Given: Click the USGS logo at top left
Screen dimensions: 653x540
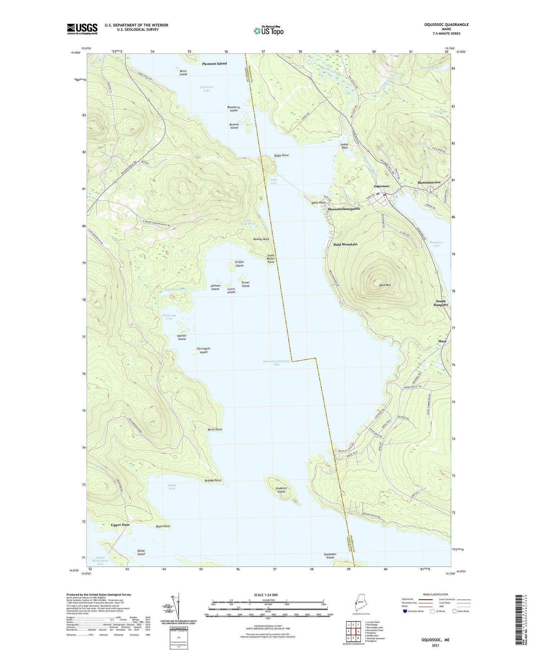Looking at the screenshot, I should pos(82,29).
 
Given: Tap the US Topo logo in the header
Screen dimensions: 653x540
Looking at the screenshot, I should pos(268,31).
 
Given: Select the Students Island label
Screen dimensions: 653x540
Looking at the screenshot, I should pos(281,490).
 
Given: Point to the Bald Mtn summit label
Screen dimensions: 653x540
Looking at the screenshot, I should pos(385,285).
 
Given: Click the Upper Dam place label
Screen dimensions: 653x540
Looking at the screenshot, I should pos(120,525).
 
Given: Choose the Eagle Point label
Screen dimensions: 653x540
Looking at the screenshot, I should pos(281,155).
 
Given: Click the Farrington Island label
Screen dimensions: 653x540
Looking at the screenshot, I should pos(203,350).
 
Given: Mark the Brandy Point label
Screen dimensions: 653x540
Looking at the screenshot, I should pos(213,480).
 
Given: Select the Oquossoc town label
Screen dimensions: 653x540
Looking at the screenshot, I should pos(382,186).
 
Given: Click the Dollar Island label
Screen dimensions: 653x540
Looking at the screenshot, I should pos(141,552).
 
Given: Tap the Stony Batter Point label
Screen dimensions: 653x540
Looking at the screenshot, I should pos(271,259).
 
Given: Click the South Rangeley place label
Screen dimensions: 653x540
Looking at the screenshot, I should pos(441,303).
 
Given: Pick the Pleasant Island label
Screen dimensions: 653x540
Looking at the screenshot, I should pos(214,63).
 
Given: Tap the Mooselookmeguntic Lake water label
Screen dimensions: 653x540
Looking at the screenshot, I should pos(276,363).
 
